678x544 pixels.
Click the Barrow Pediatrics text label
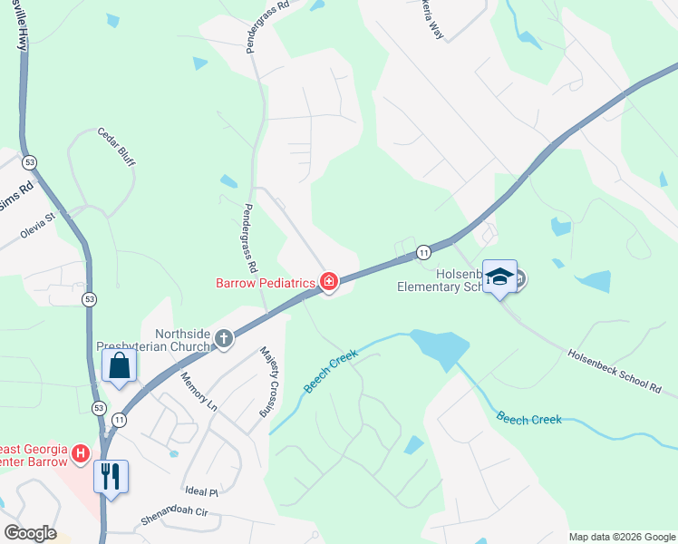[265, 283]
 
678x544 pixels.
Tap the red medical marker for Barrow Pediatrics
[328, 283]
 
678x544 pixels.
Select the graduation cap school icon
[499, 277]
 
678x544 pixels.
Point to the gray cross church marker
[223, 339]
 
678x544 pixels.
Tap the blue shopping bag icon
[119, 366]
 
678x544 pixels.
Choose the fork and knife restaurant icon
[111, 475]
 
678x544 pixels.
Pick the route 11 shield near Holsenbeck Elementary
[423, 251]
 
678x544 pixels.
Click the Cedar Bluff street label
[116, 145]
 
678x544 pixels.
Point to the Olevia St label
[45, 225]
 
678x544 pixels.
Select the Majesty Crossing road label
[266, 381]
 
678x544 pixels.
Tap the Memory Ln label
[199, 392]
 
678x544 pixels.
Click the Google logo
[30, 533]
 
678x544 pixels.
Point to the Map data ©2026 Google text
[622, 537]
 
